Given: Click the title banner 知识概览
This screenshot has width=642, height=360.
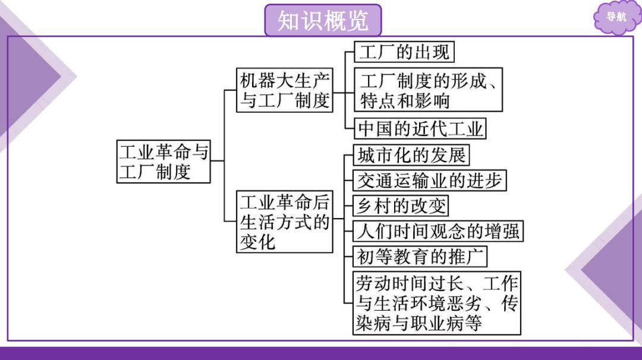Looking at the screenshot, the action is (x=323, y=20).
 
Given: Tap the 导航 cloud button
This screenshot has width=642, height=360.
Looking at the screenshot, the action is (x=616, y=17).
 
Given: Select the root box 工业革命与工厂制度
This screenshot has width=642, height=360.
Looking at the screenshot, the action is (x=163, y=162).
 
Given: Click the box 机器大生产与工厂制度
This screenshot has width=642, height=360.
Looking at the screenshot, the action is (x=285, y=90).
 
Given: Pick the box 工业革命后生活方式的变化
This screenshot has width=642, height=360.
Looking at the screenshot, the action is (x=285, y=222).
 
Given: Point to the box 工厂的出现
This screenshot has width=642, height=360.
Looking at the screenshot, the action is (x=404, y=52).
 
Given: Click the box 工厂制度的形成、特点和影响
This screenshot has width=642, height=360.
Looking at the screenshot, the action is (x=428, y=90).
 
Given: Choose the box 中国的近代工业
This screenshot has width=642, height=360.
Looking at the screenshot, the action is (x=420, y=128).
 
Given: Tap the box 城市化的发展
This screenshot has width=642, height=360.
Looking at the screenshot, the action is (x=411, y=155).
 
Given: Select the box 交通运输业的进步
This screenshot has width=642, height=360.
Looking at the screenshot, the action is (x=430, y=181).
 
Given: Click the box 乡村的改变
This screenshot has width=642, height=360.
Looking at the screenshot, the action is (x=401, y=206).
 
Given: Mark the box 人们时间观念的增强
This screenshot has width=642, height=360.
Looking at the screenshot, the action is (x=438, y=231).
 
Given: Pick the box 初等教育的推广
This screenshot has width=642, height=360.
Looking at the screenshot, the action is (x=420, y=257).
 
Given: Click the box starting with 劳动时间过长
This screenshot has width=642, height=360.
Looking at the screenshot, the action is (x=437, y=303).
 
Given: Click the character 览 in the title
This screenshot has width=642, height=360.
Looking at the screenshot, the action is (x=358, y=20).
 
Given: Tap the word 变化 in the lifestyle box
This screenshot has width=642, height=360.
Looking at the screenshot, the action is (x=257, y=242).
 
